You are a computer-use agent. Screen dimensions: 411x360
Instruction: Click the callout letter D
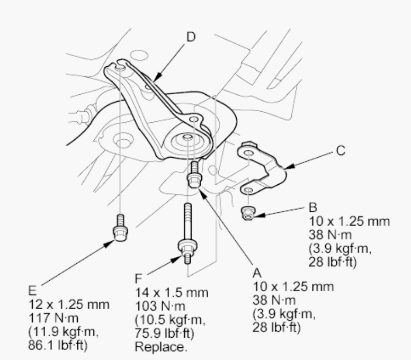point(191,37)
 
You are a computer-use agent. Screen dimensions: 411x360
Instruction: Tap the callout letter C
point(340,151)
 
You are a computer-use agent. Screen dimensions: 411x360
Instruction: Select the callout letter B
point(313,207)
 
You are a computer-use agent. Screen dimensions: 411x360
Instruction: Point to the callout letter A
point(257,273)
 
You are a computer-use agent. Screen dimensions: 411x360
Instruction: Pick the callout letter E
point(32,291)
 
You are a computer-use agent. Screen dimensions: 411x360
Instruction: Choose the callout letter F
point(138,278)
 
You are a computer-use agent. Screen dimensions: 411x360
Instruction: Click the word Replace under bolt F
point(161,347)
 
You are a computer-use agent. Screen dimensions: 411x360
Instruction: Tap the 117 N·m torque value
point(53,318)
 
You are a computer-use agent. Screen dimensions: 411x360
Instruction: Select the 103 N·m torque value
point(160,306)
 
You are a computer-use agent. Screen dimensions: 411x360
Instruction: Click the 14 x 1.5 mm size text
point(172,292)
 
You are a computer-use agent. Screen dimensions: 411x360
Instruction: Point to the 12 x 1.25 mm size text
point(69,304)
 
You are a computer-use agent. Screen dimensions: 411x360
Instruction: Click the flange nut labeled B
point(247,213)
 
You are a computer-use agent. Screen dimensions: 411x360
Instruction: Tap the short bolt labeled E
point(120,228)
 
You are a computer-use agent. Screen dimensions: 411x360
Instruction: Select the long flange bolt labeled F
point(187,233)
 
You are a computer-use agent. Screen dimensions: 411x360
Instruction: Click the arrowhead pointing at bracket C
point(289,167)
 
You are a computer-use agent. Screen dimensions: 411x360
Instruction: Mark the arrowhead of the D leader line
point(157,77)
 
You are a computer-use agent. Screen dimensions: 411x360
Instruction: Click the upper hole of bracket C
point(248,153)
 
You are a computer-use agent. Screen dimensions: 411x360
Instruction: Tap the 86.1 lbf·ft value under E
point(58,345)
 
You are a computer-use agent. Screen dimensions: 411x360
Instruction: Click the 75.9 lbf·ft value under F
point(164,334)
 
